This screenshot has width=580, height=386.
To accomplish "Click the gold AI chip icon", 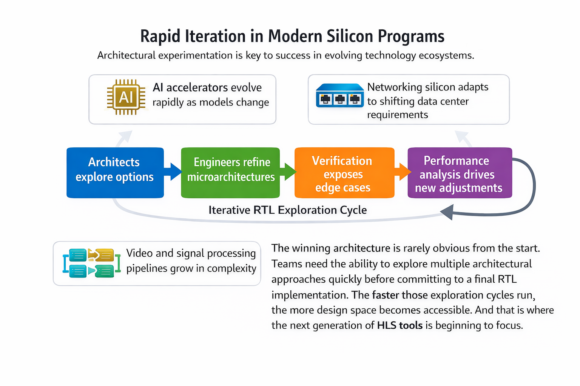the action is click(x=126, y=97).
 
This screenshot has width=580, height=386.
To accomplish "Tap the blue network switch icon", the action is click(x=340, y=95).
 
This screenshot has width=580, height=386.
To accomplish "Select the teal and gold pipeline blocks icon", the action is click(x=92, y=263).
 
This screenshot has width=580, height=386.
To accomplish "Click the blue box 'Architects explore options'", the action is click(x=115, y=173).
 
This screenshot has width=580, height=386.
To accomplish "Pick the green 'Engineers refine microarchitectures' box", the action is click(x=230, y=173).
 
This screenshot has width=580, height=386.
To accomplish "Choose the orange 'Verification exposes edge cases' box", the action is click(x=344, y=173).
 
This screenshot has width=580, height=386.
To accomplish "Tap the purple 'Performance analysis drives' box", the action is click(x=460, y=173).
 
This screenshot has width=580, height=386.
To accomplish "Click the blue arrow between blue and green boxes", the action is click(x=173, y=172).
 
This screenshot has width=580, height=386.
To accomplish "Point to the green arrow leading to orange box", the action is click(x=288, y=172).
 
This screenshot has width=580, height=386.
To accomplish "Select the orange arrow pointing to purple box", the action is click(x=402, y=172).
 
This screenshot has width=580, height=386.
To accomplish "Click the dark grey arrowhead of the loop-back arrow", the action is click(x=447, y=212).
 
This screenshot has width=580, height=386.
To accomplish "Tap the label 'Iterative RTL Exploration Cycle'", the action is click(x=288, y=210).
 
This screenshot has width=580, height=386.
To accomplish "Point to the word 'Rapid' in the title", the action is click(x=160, y=36).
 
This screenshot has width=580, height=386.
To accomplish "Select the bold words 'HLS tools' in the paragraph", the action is click(x=400, y=325).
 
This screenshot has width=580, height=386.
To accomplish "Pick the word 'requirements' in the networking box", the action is click(x=398, y=115).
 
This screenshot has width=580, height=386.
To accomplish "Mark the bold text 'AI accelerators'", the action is click(x=190, y=87).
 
